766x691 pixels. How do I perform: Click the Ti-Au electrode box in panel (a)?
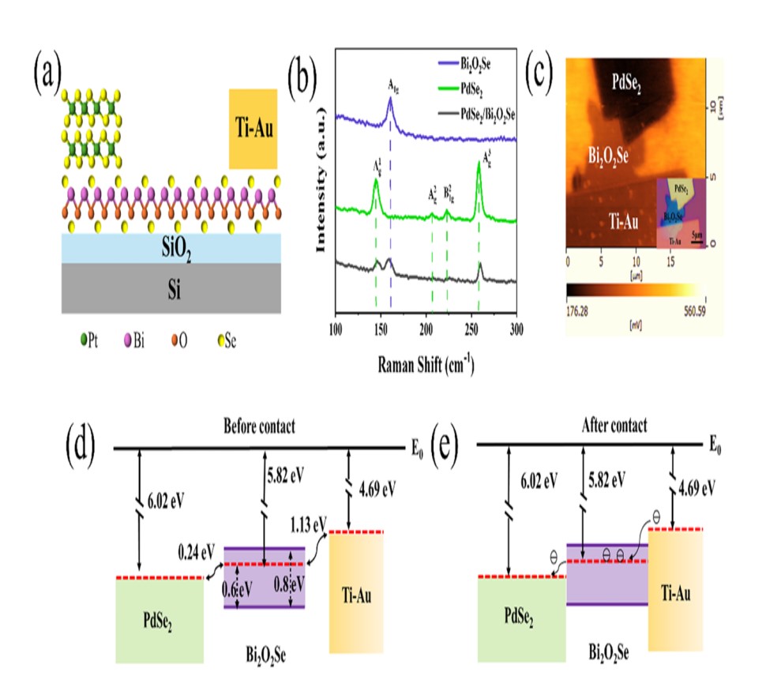coord(253,129)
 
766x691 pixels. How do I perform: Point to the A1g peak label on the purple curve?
coord(392,84)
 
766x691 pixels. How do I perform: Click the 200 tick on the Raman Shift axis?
coord(426,326)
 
